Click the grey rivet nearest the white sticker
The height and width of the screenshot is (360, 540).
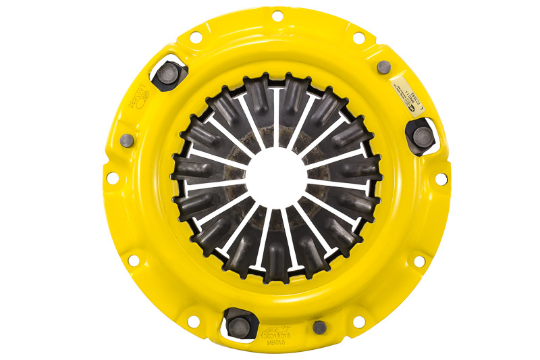tap(383, 66)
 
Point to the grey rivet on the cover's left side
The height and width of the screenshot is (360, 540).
tap(126, 140)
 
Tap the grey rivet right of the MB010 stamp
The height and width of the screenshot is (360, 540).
tap(319, 327)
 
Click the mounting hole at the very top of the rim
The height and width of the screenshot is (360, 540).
tap(277, 16)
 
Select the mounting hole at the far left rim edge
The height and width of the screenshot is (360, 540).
tap(112, 178)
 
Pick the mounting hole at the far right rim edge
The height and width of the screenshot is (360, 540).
tap(441, 178)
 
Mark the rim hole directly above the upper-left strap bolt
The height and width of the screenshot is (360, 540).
tap(196, 37)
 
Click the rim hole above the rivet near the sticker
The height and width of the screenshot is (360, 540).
tap(358, 37)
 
